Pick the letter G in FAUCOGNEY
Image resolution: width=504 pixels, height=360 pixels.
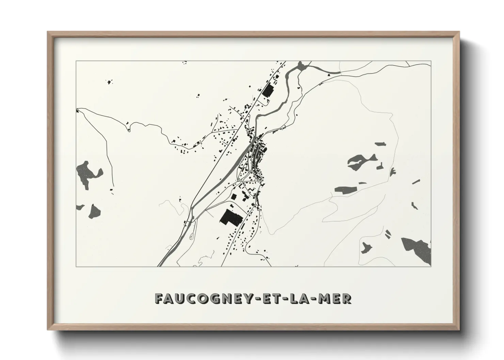point(216,299)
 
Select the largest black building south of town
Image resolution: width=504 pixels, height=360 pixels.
point(231,218)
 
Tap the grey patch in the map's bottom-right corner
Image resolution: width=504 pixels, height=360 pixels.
point(417,250)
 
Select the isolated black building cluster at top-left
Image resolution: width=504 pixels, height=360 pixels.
point(110,82)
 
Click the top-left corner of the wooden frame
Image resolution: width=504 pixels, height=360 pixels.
point(48,32)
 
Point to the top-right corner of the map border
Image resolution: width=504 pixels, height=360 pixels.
point(431,61)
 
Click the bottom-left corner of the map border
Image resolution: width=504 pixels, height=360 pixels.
point(76,266)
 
